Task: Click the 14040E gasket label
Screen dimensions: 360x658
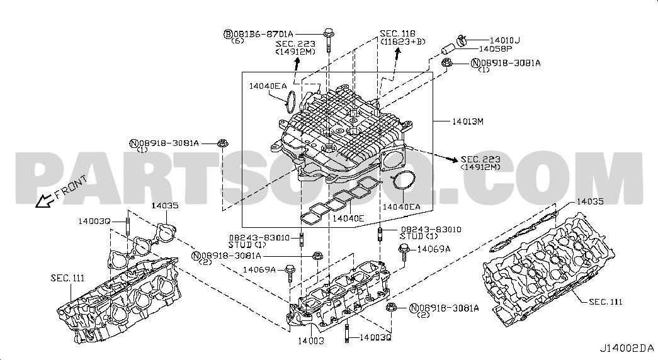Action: [349, 218]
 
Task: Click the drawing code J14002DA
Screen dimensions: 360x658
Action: [627, 348]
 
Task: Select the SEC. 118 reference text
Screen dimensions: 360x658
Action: [397, 33]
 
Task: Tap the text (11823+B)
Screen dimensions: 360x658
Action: [402, 41]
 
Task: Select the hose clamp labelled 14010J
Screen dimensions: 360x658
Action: [460, 40]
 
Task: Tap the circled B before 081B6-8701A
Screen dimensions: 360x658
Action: [229, 33]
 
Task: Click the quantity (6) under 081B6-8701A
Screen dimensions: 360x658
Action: [237, 41]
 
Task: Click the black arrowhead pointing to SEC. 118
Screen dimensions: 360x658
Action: [397, 53]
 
